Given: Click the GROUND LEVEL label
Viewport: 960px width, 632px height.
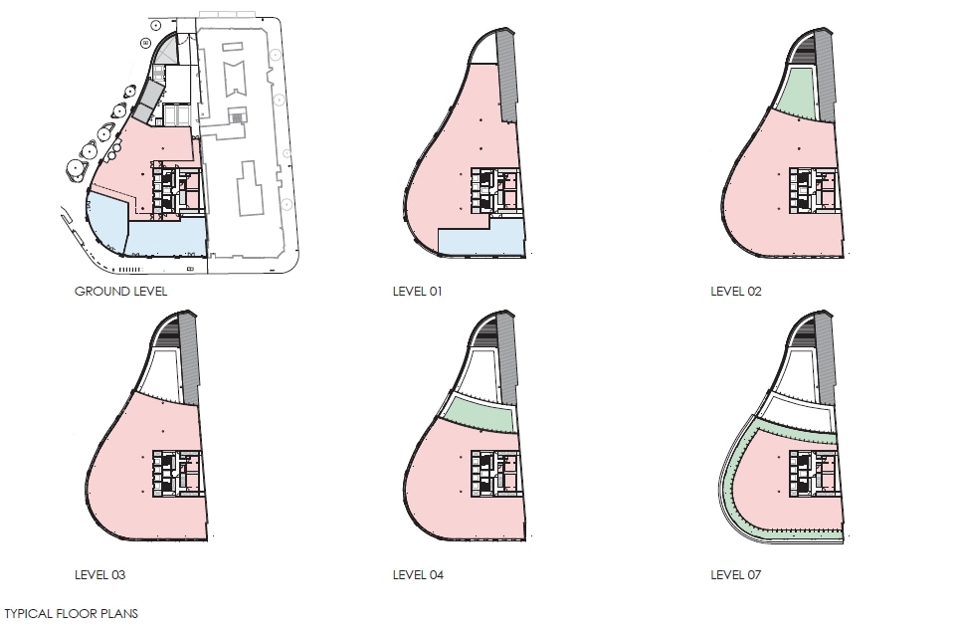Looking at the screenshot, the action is click(120, 292).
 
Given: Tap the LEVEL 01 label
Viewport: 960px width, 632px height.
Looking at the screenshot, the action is click(417, 292).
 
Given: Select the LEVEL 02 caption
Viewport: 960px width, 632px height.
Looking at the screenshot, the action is click(736, 292).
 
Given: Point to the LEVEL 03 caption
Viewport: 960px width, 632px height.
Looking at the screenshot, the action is click(99, 575).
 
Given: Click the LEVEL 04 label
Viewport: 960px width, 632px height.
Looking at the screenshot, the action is click(418, 575).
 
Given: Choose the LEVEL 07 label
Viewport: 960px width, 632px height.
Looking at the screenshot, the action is click(735, 575).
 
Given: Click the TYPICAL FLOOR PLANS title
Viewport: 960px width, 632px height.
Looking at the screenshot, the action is click(71, 614).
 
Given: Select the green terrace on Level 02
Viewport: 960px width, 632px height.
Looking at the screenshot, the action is click(800, 95).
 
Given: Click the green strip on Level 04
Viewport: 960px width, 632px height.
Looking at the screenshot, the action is click(481, 414).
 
